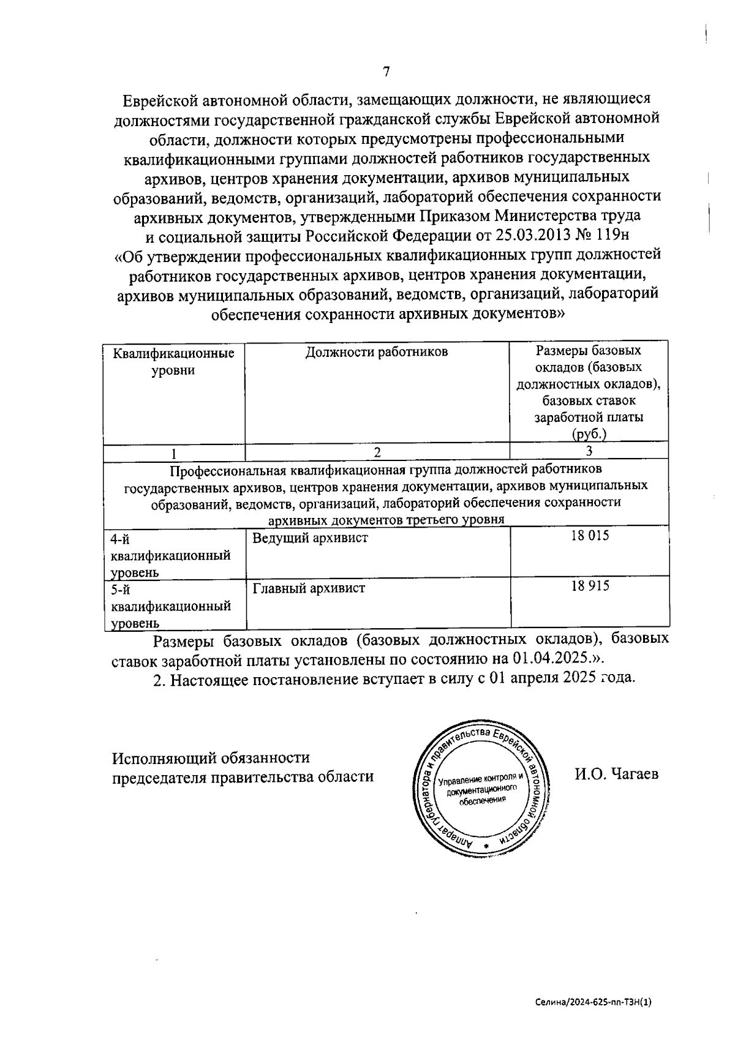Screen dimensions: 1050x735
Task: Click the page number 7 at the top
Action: coord(386,72)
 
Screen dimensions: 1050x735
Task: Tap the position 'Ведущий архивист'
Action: coord(310,538)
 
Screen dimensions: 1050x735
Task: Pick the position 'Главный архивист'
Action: coord(309,588)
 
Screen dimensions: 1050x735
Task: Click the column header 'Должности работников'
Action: coord(377,351)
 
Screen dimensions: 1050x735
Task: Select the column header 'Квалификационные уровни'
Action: coord(174,362)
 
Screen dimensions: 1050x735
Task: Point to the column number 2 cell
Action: coord(377,452)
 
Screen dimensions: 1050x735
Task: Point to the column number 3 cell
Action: coord(589,452)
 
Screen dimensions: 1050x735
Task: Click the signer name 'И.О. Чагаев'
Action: coord(616,774)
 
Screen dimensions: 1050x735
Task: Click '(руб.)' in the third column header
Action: coord(589,435)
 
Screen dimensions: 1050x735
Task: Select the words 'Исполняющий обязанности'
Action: coord(211,757)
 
